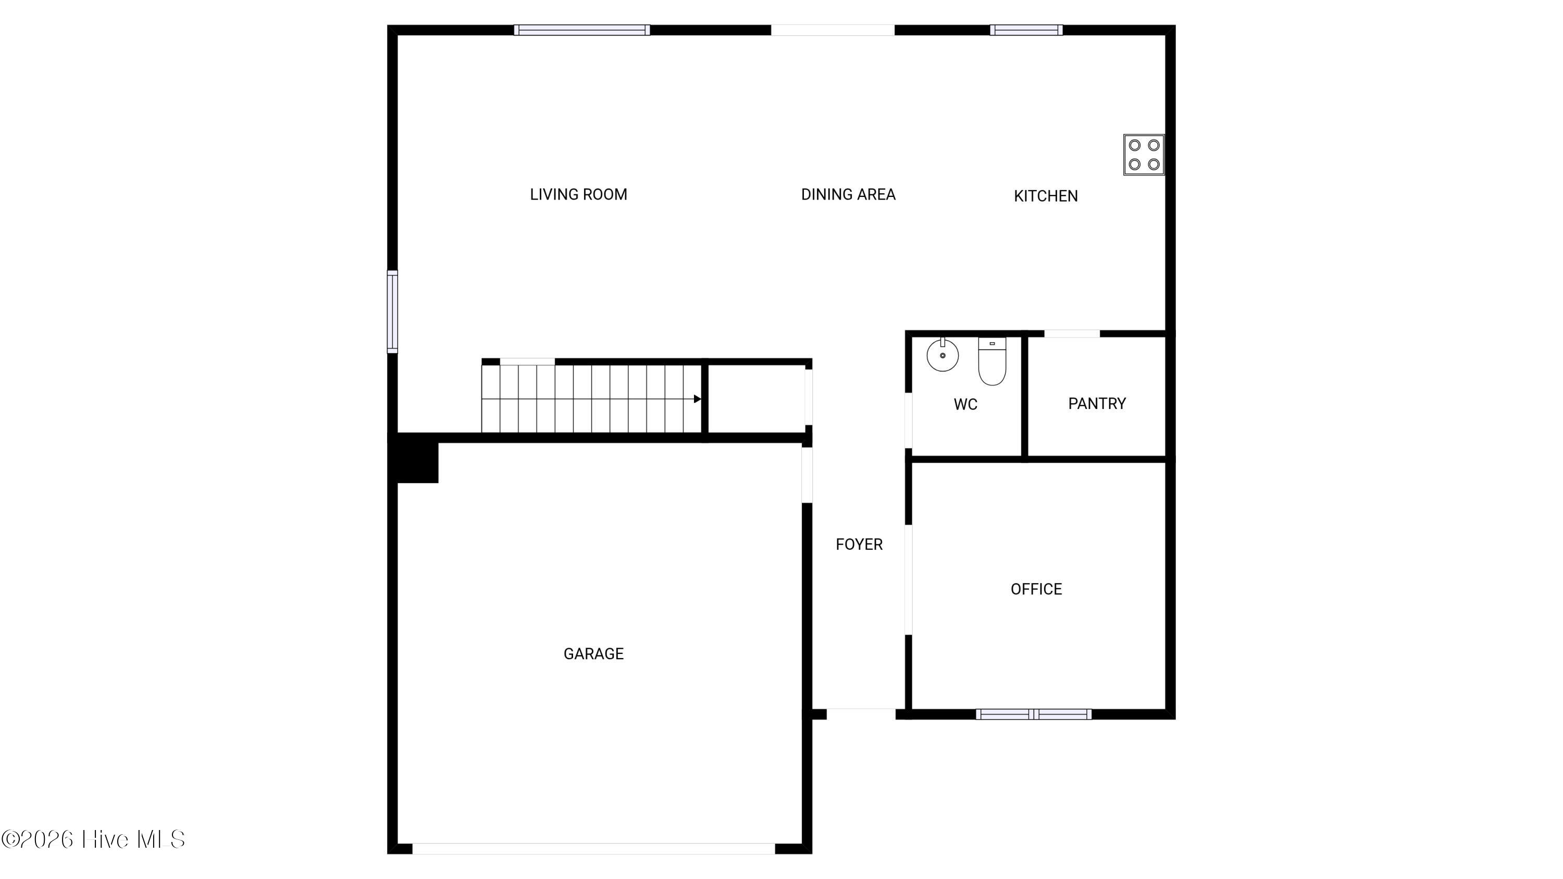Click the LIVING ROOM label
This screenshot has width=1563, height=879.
tap(578, 195)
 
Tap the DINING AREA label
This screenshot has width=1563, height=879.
tap(848, 195)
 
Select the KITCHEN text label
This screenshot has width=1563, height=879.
tap(1046, 196)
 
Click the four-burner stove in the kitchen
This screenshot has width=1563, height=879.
tap(1144, 155)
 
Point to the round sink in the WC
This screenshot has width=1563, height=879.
tap(942, 355)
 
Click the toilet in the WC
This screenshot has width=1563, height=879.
tap(992, 362)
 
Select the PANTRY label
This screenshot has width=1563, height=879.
tap(1097, 404)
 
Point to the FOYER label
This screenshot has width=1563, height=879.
tap(859, 544)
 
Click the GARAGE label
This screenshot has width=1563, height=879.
tap(593, 654)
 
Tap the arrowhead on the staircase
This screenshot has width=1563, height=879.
tap(697, 399)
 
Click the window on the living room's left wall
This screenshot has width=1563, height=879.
tap(392, 312)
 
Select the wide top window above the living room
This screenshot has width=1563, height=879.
tap(582, 30)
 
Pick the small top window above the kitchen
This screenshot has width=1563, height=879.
tap(1026, 30)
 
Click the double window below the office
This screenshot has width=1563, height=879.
tap(1034, 714)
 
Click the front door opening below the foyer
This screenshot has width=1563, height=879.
tap(861, 714)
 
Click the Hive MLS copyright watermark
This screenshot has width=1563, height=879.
tap(93, 839)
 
